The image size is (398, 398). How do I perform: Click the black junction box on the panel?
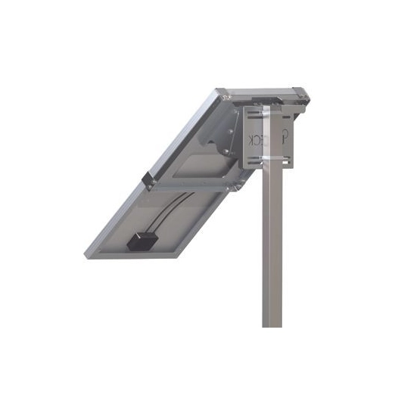[x=143, y=241]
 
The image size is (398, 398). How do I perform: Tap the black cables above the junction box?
[x=168, y=214]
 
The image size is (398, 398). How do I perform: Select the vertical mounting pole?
[x=272, y=250]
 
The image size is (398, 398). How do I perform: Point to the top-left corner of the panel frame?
[x=222, y=92]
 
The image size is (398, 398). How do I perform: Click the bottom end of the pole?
[x=272, y=324]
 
